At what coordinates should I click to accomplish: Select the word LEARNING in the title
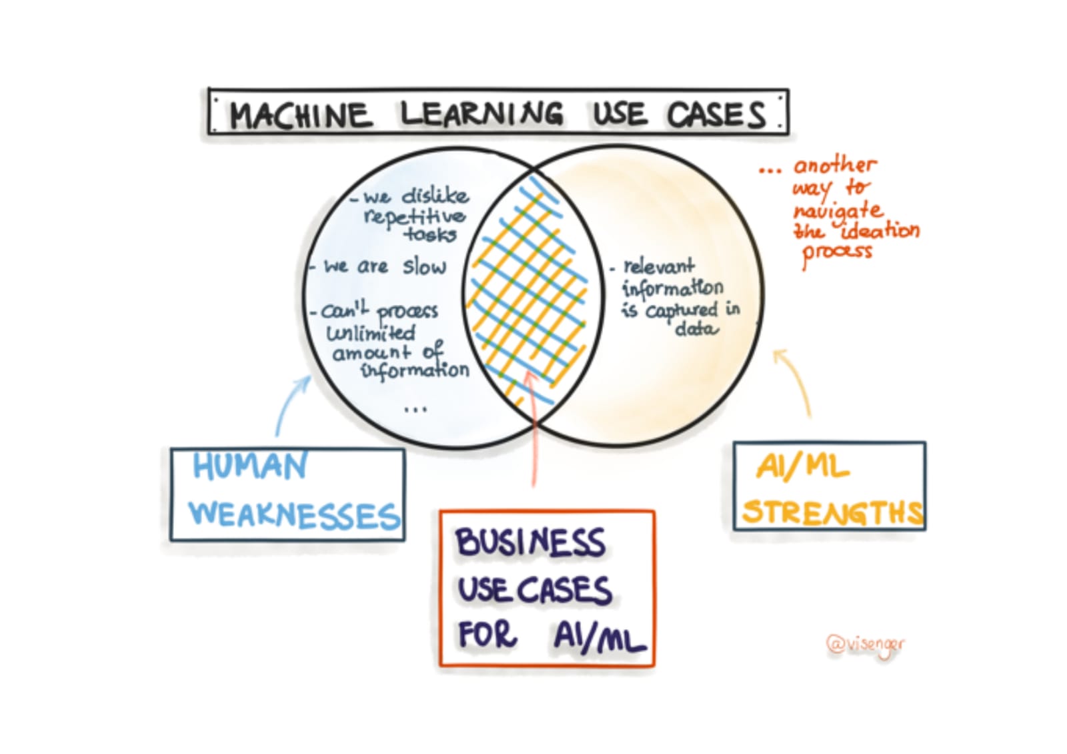point(481,113)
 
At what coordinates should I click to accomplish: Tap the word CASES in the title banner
point(716,115)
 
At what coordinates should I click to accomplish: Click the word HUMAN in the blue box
point(250,466)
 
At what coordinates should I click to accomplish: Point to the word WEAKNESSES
point(294,514)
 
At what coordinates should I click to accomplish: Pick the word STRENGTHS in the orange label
point(833,512)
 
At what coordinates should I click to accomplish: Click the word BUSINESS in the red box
point(530,542)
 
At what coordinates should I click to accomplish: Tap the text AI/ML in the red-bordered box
point(599,636)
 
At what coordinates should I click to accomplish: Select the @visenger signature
point(866,645)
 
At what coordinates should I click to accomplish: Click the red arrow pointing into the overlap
point(533,427)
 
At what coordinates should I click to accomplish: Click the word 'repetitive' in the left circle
point(414,216)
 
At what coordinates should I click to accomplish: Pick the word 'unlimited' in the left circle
point(371,332)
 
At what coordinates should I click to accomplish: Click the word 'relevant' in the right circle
point(658,266)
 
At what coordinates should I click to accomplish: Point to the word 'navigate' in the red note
point(838,211)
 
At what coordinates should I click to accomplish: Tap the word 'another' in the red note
point(834,165)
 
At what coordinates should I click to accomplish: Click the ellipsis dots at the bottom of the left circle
point(415,409)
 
